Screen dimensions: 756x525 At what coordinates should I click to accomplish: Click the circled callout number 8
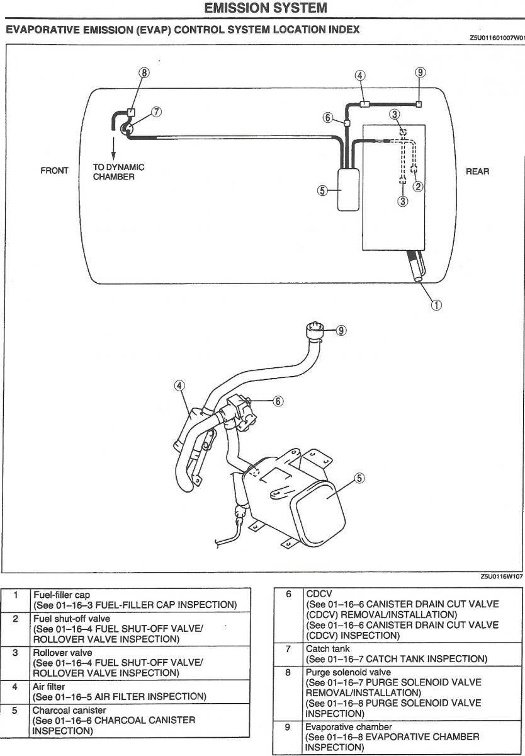(x=144, y=72)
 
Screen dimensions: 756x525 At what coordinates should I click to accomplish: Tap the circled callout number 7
(x=156, y=112)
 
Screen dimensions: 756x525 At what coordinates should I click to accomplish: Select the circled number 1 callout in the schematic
(x=436, y=305)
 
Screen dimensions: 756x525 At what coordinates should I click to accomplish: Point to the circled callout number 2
(x=417, y=186)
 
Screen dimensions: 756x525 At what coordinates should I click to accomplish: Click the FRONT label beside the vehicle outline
(x=54, y=171)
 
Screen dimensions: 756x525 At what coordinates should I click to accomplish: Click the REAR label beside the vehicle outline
(x=477, y=171)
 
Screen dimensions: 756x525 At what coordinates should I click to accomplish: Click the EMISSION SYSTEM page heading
(x=266, y=8)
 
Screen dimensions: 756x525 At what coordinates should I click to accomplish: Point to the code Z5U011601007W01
(x=496, y=38)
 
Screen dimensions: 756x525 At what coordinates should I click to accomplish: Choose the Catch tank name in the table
(x=327, y=649)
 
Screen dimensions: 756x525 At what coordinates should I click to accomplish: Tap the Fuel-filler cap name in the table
(x=61, y=595)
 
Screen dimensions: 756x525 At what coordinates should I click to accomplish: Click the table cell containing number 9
(x=287, y=727)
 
